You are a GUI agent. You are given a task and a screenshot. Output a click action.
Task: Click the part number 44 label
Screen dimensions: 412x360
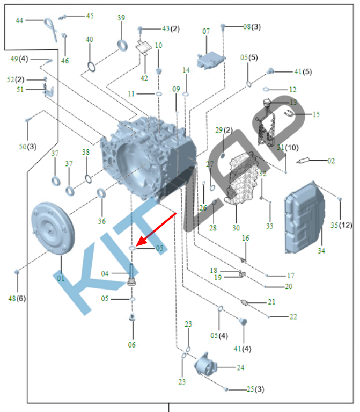pos(19,20)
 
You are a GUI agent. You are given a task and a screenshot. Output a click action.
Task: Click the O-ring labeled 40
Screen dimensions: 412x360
pos(92,67)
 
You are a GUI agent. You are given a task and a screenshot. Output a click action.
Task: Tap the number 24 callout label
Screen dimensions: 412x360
pos(240,368)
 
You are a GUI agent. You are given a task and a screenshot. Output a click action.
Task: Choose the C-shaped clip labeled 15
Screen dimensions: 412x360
pos(289,113)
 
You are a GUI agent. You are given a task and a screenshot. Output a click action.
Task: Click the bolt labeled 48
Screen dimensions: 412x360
pos(17,273)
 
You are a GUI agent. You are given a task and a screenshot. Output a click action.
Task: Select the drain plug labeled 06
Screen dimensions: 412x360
pos(131,319)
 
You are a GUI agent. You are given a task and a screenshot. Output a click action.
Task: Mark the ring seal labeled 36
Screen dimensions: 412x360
pos(101,194)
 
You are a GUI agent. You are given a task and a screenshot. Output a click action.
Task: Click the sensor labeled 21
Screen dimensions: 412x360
pos(246,302)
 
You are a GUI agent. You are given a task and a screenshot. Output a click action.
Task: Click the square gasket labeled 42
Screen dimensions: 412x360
pos(143,47)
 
